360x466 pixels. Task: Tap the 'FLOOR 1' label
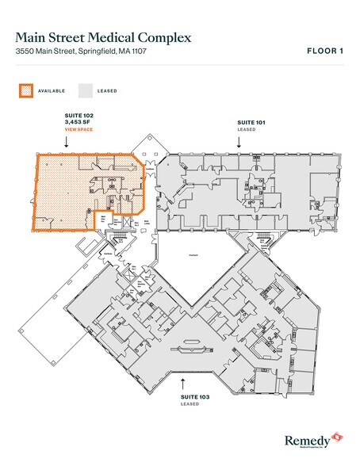324,52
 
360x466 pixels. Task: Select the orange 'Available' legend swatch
26,90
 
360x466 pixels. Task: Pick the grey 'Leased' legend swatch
84,90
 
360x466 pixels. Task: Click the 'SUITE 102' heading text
79,115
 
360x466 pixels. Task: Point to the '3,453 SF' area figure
79,122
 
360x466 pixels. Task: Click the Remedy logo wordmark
307,438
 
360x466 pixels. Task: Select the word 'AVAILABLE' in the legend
52,90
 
